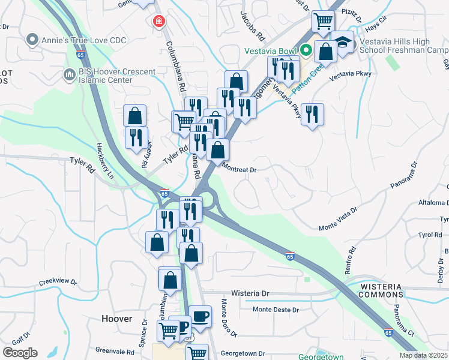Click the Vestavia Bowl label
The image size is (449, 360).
(x=271, y=50)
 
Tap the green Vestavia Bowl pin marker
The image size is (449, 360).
(x=306, y=50)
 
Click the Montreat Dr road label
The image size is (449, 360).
(x=240, y=170)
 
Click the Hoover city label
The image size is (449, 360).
(x=117, y=319)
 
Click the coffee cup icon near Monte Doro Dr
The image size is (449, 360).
(x=200, y=316)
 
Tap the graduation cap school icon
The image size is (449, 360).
(x=342, y=42)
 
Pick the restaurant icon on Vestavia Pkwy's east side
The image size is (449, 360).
(x=312, y=115)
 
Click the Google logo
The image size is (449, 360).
(x=19, y=353)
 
